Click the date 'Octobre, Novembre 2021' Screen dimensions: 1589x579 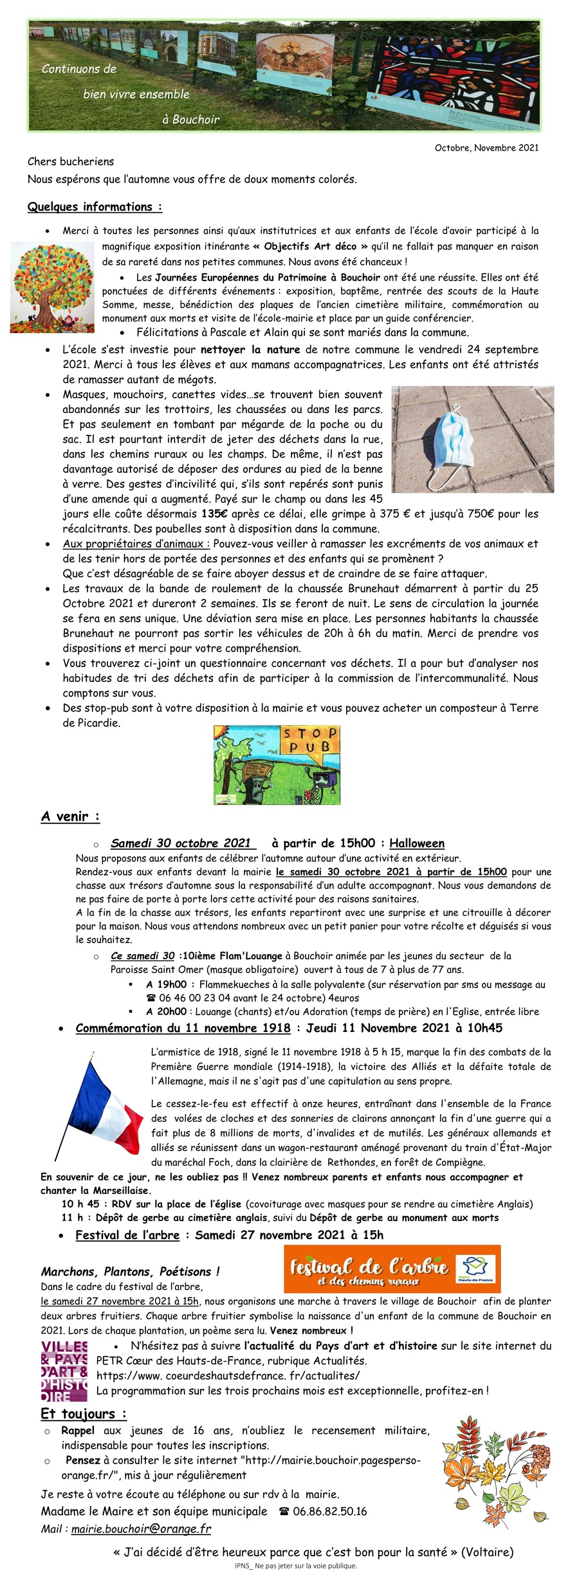click(x=486, y=148)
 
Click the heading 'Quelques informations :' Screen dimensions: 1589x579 click(x=95, y=207)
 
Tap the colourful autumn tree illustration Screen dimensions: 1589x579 click(x=52, y=288)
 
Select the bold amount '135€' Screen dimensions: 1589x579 click(x=214, y=514)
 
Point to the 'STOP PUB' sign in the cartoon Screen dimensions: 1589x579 click(x=309, y=740)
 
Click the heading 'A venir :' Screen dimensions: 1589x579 click(x=70, y=816)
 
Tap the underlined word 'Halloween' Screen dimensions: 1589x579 click(x=417, y=843)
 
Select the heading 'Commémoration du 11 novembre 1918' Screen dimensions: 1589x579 click(x=183, y=1028)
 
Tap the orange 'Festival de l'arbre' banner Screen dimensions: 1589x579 click(x=392, y=1269)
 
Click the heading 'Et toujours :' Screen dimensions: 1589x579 click(x=83, y=1414)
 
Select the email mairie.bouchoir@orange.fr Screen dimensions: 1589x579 click(x=141, y=1529)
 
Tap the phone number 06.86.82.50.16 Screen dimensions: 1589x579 click(x=329, y=1511)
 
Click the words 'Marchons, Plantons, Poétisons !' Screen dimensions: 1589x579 click(x=130, y=1272)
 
